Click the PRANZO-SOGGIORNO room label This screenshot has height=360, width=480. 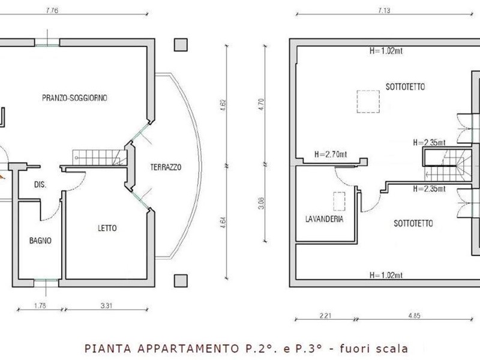click(74, 98)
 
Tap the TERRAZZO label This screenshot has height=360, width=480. click(166, 167)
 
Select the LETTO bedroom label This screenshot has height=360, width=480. click(107, 228)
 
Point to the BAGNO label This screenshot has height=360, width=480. click(40, 241)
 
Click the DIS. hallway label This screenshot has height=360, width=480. click(40, 185)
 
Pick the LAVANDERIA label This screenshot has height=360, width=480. click(324, 219)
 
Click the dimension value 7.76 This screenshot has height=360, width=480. click(52, 10)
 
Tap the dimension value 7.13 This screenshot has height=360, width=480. click(384, 10)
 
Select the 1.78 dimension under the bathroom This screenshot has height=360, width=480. click(40, 305)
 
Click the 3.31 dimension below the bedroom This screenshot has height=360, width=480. click(106, 305)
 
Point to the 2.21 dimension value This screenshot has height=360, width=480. click(325, 316)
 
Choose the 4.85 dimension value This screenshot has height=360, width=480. click(414, 316)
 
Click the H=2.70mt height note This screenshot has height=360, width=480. click(331, 154)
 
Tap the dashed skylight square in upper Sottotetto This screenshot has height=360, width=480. click(368, 101)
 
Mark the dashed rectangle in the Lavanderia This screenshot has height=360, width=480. click(339, 202)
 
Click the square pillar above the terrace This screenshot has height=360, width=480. click(181, 44)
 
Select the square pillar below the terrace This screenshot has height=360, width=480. click(181, 281)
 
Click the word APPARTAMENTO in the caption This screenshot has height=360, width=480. click(188, 349)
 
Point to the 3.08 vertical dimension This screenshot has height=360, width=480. click(261, 203)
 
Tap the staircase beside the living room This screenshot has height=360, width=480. click(100, 158)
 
